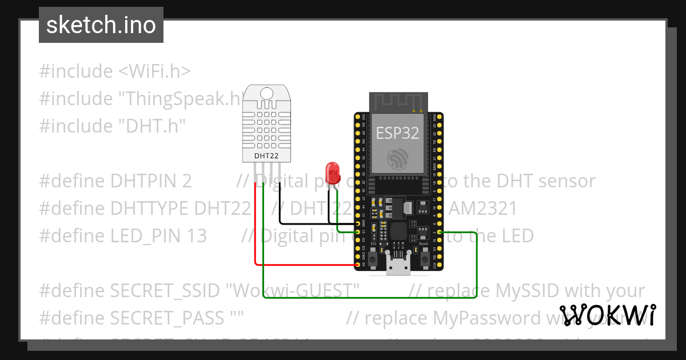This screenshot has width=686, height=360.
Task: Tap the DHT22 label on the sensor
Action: point(266,155)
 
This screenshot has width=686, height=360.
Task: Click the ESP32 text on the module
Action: point(397,133)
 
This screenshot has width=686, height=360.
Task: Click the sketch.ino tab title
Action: point(101,25)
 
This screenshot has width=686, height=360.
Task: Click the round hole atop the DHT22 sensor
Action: point(266,93)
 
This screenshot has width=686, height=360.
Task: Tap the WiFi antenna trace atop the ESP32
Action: point(398,103)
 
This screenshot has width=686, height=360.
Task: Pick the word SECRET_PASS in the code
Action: point(165,318)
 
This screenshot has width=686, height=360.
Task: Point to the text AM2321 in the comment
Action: point(484,208)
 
